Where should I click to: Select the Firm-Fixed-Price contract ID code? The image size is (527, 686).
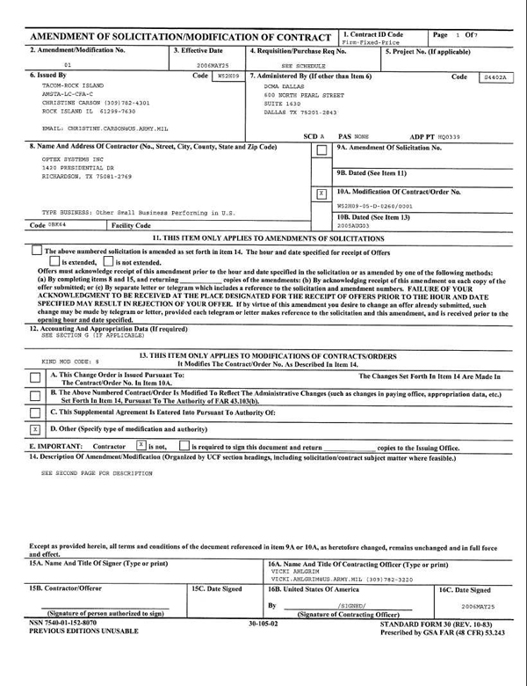click(x=366, y=41)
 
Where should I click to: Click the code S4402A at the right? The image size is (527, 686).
click(x=494, y=77)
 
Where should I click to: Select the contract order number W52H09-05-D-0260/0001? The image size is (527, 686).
click(x=375, y=205)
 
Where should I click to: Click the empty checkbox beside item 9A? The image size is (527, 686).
click(x=321, y=150)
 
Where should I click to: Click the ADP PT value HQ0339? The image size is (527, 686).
click(x=449, y=136)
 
